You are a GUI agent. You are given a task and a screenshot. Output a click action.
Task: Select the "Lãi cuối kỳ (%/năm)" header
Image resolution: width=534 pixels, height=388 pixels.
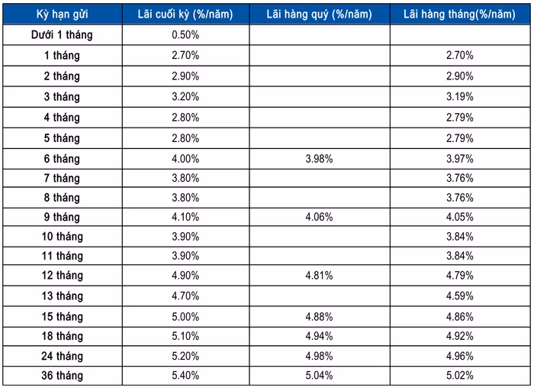pyautogui.click(x=185, y=15)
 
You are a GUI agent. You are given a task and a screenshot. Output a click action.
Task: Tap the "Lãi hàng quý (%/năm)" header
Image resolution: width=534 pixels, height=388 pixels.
pyautogui.click(x=320, y=15)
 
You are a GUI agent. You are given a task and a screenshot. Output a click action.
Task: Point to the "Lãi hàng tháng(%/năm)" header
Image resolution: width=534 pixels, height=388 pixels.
pyautogui.click(x=460, y=15)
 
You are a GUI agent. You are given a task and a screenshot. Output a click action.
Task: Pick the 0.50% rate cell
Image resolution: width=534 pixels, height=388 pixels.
pyautogui.click(x=185, y=35)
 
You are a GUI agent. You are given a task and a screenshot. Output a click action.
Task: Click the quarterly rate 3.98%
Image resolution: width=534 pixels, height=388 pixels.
pyautogui.click(x=320, y=158)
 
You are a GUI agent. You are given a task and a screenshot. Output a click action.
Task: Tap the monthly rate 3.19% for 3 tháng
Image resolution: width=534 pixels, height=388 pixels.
pyautogui.click(x=460, y=96)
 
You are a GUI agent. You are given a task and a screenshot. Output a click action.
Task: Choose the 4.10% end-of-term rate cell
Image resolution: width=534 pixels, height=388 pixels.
pyautogui.click(x=185, y=216)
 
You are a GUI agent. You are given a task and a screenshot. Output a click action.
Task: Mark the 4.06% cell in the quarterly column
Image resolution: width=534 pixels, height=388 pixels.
pyautogui.click(x=320, y=216)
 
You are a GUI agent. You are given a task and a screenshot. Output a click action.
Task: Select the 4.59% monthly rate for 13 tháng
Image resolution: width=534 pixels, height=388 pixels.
pyautogui.click(x=460, y=296)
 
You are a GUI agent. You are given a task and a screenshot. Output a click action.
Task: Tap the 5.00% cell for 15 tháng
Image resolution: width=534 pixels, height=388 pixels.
pyautogui.click(x=185, y=315)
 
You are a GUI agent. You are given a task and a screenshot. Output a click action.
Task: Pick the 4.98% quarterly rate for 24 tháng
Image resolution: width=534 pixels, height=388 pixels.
pyautogui.click(x=320, y=355)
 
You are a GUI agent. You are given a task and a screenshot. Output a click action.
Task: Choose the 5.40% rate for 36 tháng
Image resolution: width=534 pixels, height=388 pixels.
pyautogui.click(x=185, y=375)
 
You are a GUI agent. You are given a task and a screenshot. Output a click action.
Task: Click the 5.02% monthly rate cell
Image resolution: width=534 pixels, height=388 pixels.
pyautogui.click(x=460, y=375)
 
